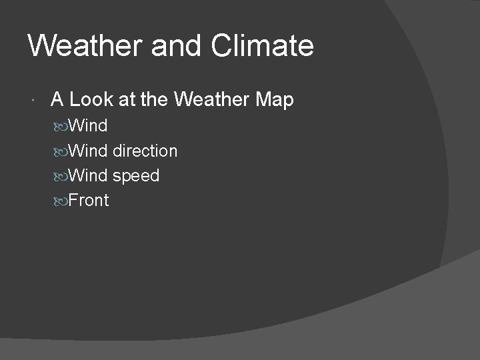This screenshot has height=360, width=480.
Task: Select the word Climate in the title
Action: click(262, 46)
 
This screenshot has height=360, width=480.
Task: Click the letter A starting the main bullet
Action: click(57, 100)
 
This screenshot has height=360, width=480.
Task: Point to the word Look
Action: click(90, 100)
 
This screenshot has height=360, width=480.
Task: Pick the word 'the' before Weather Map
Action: click(155, 100)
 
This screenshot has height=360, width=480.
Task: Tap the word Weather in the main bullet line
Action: click(211, 100)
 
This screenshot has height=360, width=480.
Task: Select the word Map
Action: click(274, 100)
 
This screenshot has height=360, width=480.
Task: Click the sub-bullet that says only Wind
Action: click(88, 126)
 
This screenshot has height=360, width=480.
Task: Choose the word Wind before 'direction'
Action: click(88, 151)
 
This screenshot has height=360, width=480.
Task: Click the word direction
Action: click(145, 151)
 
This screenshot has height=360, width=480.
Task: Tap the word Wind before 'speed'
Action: click(88, 176)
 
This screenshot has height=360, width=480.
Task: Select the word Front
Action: click(89, 201)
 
